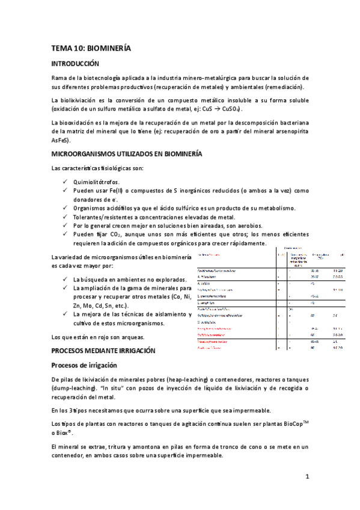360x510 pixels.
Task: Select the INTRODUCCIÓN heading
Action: click(75, 64)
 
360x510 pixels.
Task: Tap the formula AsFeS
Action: click(61, 140)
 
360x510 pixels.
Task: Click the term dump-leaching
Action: click(72, 389)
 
